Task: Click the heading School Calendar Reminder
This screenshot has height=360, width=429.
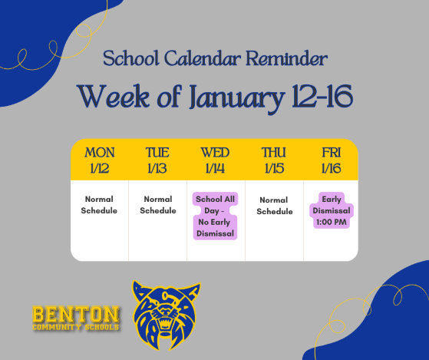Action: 214,59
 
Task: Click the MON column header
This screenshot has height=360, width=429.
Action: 100,152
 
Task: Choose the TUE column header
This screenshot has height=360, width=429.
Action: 157,152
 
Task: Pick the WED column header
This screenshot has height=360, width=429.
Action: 215,152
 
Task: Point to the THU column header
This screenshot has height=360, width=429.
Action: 273,152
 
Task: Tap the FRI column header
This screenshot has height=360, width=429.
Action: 332,152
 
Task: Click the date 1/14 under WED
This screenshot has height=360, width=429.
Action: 215,168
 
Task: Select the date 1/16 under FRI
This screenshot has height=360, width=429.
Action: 332,168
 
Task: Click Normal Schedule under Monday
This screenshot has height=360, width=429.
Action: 100,205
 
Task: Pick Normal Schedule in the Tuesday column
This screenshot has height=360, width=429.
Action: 158,205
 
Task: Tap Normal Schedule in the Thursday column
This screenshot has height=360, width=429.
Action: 274,205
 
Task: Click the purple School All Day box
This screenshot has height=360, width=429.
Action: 215,216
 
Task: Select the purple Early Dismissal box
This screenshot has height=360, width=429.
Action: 332,210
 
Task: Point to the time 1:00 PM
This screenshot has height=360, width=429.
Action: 332,223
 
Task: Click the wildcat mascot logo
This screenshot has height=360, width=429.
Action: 167,314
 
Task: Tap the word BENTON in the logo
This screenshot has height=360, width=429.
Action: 76,313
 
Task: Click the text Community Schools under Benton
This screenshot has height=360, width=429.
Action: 76,327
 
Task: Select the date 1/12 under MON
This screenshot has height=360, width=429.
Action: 100,168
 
